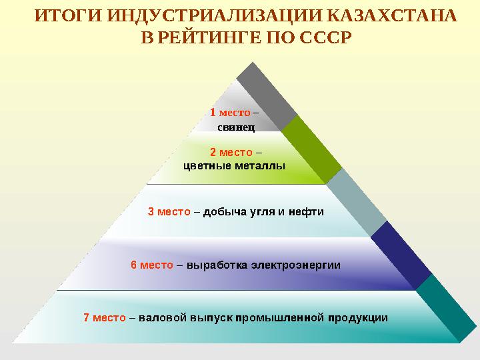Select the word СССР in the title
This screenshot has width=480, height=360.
coord(322,36)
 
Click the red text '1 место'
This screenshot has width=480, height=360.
coord(230,112)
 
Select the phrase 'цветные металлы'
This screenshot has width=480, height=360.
coord(234,165)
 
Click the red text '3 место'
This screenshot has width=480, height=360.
coord(169,212)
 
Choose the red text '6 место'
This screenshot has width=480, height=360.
coord(152,265)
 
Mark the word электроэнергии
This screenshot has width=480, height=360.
coord(296,265)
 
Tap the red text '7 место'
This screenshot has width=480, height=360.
coord(105,317)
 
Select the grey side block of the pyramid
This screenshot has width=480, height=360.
coord(267,93)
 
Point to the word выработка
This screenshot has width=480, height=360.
coord(217,265)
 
